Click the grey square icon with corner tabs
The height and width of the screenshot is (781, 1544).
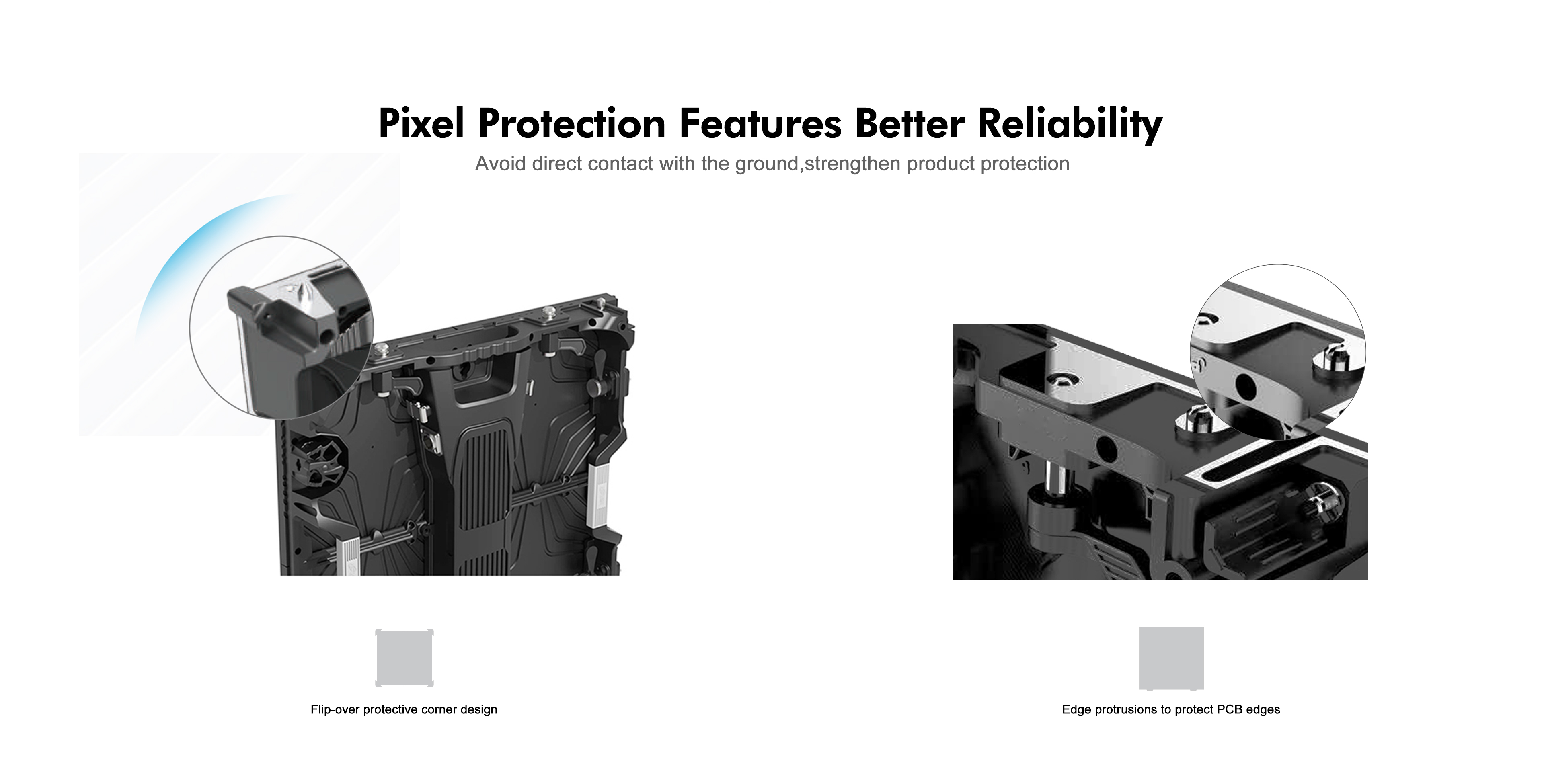404,658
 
